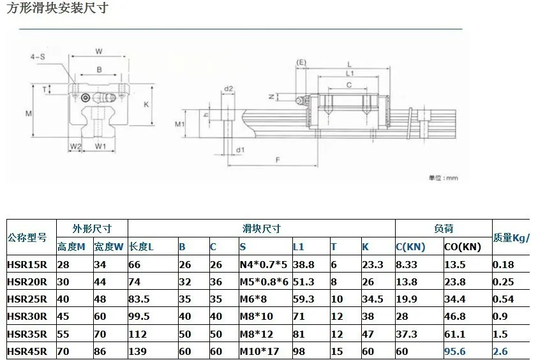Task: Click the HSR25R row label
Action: pyautogui.click(x=27, y=299)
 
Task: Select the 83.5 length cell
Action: pyautogui.click(x=139, y=299)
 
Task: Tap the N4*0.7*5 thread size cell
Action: pyautogui.click(x=264, y=265)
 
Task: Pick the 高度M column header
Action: pyautogui.click(x=71, y=247)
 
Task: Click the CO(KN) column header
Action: pyautogui.click(x=463, y=247)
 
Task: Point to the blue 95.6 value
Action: pyautogui.click(x=455, y=352)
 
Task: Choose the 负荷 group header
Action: pyautogui.click(x=444, y=229)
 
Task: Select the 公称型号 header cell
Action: pyautogui.click(x=27, y=237)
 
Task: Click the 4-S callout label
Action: pyautogui.click(x=38, y=57)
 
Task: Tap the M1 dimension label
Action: pyautogui.click(x=180, y=124)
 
